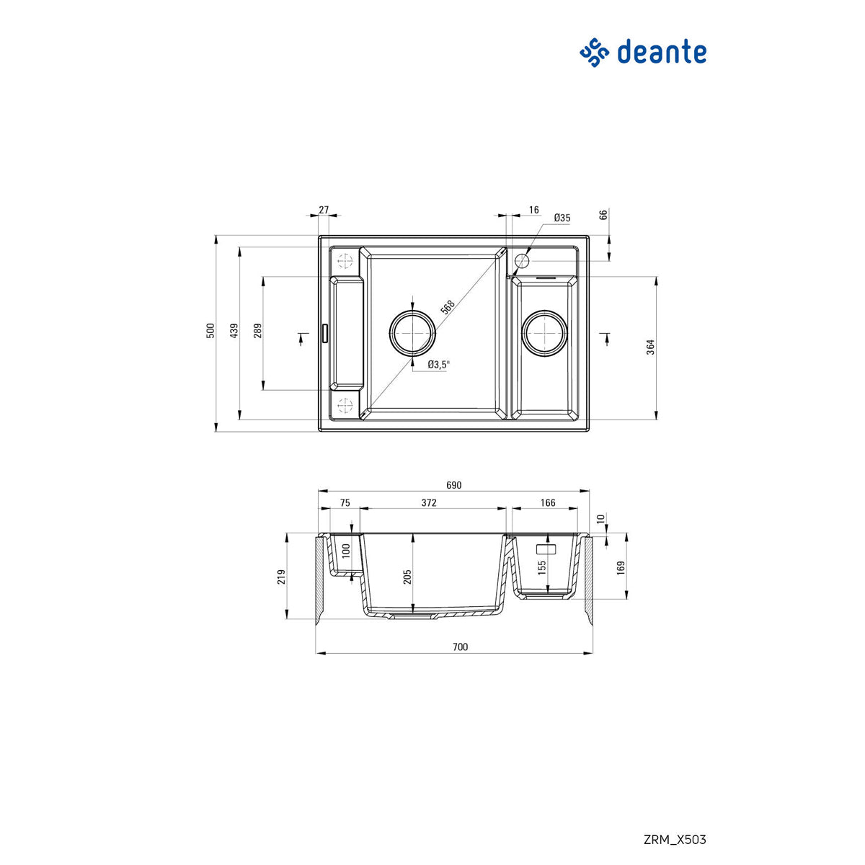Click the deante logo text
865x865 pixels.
[x=661, y=52]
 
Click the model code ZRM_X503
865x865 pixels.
[x=674, y=840]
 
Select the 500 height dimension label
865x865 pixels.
[x=210, y=331]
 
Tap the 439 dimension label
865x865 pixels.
[x=234, y=331]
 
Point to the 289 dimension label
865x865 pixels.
[x=258, y=331]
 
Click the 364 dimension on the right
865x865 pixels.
[x=650, y=347]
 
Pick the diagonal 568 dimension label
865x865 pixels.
[x=447, y=307]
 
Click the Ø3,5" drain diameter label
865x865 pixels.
[x=438, y=365]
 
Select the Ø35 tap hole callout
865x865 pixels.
[x=562, y=218]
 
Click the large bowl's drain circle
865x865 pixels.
[x=412, y=333]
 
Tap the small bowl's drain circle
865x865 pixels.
[x=546, y=333]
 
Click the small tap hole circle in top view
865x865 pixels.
[x=523, y=259]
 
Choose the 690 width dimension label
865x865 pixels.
[x=453, y=485]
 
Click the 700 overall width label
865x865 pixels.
[x=460, y=647]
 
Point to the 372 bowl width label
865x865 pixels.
[x=429, y=502]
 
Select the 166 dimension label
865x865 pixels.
[x=548, y=502]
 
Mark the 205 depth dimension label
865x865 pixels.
[x=407, y=577]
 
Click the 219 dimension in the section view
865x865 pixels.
[x=282, y=577]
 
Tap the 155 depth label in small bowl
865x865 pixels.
[x=541, y=567]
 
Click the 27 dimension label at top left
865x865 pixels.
[x=324, y=210]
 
